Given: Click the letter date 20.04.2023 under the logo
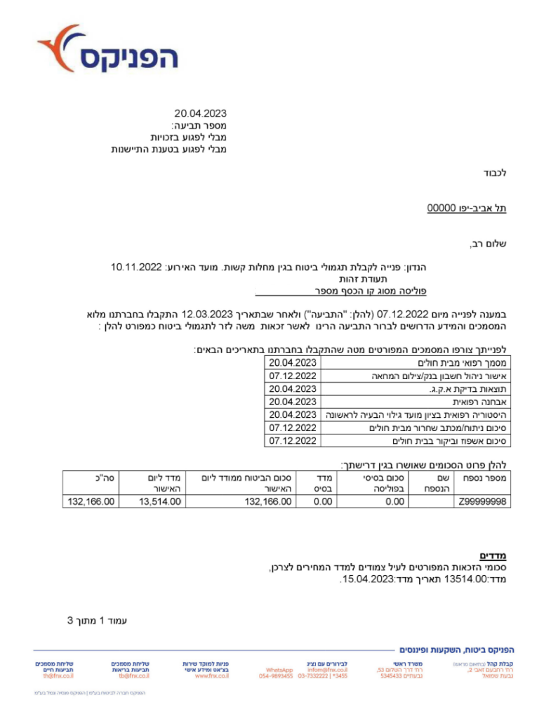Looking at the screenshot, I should [x=201, y=114].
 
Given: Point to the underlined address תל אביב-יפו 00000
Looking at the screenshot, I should [x=467, y=209].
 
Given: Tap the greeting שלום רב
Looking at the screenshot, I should [x=488, y=244].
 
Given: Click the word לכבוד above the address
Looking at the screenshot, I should [x=495, y=173].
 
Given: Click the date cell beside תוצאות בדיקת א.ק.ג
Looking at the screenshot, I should [x=293, y=389].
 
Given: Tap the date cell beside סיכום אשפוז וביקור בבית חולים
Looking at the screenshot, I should [x=293, y=441].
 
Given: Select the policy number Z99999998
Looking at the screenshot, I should [x=482, y=501].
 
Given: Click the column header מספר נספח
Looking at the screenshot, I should [x=483, y=477].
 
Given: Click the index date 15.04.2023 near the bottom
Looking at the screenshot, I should [x=366, y=580].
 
